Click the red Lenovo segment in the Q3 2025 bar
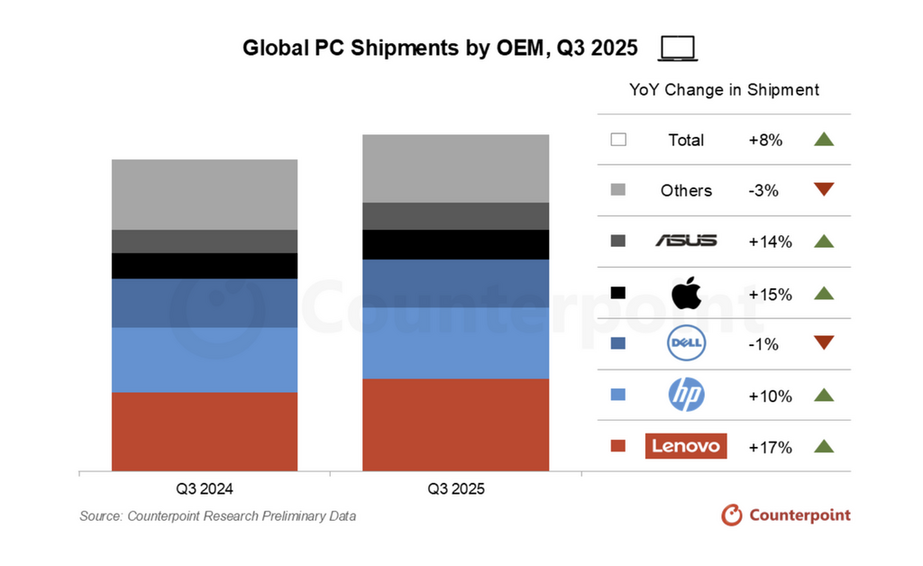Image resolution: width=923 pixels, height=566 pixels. [x=455, y=424]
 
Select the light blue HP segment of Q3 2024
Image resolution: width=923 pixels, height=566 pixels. [x=204, y=359]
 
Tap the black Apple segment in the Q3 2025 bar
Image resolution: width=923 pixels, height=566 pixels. [x=455, y=244]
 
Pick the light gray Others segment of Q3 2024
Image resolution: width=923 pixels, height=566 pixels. [x=204, y=194]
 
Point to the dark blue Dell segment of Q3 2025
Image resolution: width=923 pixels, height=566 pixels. [x=455, y=283]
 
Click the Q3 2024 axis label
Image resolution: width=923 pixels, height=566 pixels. [x=204, y=489]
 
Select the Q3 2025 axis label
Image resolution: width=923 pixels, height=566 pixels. [x=455, y=489]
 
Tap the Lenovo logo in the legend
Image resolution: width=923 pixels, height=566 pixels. [x=686, y=446]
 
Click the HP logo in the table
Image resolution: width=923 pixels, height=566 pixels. [x=686, y=395]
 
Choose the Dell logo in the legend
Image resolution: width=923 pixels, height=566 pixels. [x=686, y=343]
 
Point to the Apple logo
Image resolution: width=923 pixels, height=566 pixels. [x=686, y=293]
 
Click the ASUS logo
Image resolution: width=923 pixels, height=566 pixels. [x=686, y=241]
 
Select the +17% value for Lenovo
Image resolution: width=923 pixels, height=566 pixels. [x=770, y=447]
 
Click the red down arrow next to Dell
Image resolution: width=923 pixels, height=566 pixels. [x=824, y=342]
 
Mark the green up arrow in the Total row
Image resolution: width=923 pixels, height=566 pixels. [x=824, y=139]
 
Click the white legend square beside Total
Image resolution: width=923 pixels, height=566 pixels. [x=618, y=140]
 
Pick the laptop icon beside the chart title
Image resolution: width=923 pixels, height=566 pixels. [x=679, y=49]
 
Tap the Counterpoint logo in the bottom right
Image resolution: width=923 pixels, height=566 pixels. [x=786, y=515]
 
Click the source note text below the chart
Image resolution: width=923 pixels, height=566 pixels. [x=217, y=516]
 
